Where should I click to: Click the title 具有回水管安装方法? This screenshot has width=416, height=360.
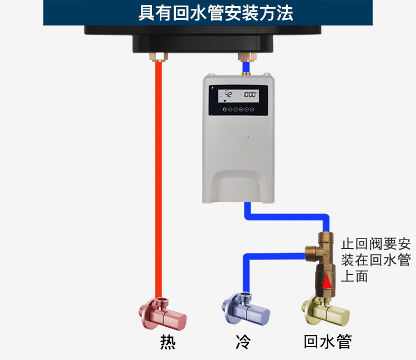pos(208,12)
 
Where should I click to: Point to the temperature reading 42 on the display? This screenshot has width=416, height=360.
pos(228,95)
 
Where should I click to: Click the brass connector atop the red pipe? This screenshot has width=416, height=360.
pos(160,56)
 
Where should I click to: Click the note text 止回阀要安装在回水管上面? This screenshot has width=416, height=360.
pos(375,260)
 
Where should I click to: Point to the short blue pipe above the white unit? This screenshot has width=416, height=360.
pos(245,68)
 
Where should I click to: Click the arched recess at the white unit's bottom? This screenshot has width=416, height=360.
pos(239,186)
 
